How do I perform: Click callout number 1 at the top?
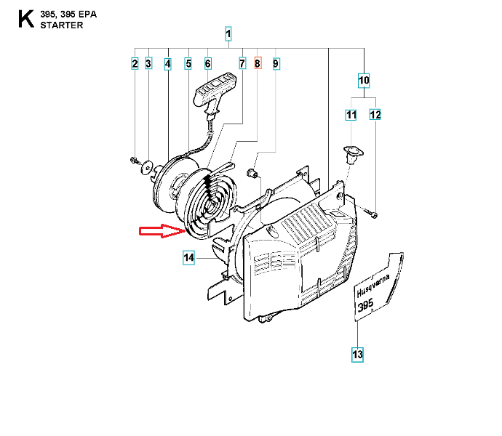228,33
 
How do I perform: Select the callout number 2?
135,64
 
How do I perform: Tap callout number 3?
148,64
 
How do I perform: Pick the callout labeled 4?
168,64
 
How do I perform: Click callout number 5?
188,64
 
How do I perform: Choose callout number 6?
208,64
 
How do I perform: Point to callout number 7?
242,64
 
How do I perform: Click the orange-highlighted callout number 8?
258,64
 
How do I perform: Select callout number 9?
276,64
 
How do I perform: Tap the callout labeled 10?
364,78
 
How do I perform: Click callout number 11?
351,115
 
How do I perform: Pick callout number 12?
375,115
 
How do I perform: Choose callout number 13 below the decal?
357,355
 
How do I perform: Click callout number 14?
188,257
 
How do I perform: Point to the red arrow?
161,231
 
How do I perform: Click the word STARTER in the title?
64,25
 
